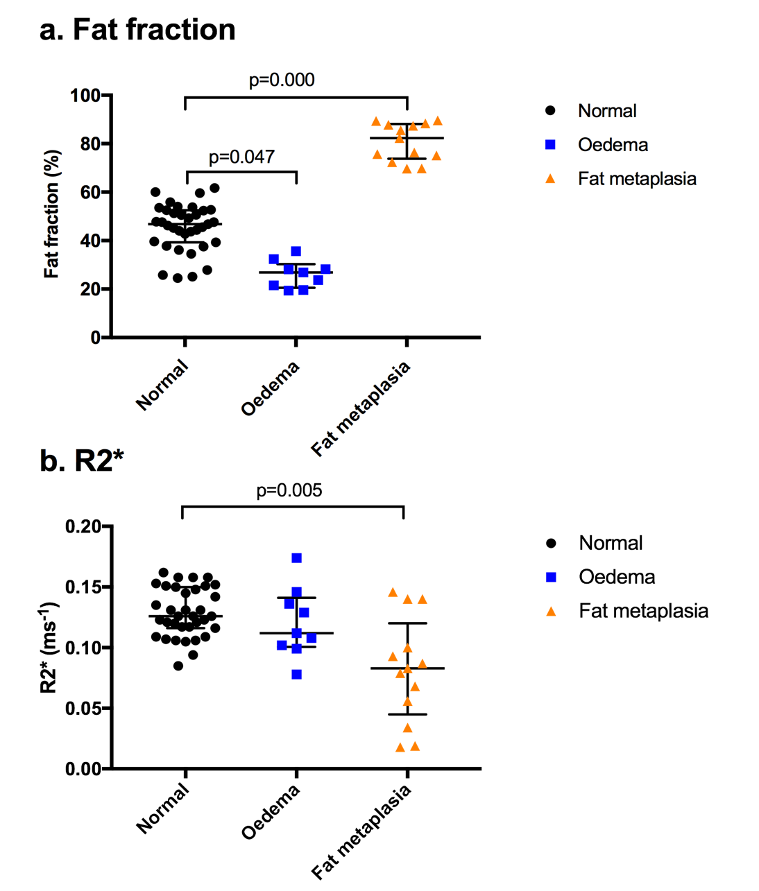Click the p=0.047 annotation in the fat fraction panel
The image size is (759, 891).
[241, 157]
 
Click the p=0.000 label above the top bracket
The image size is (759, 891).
[282, 80]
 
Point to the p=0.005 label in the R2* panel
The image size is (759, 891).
[289, 491]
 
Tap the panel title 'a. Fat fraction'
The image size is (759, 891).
[137, 30]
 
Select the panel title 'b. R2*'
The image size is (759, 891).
[82, 460]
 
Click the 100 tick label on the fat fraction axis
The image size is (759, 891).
[85, 96]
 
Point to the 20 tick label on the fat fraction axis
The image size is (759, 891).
[89, 289]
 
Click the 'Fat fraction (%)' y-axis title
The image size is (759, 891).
[51, 214]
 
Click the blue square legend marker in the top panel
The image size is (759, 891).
[550, 145]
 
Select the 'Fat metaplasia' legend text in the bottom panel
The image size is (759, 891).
[643, 611]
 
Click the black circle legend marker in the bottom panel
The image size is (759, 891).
[551, 543]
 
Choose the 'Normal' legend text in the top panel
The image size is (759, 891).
[607, 111]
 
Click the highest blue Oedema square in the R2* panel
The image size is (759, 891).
[296, 558]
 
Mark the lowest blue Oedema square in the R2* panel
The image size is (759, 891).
[296, 674]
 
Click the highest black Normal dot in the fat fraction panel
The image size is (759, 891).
[214, 188]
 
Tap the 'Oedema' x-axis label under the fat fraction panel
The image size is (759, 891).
[271, 388]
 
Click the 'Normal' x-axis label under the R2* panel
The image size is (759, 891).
[162, 808]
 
